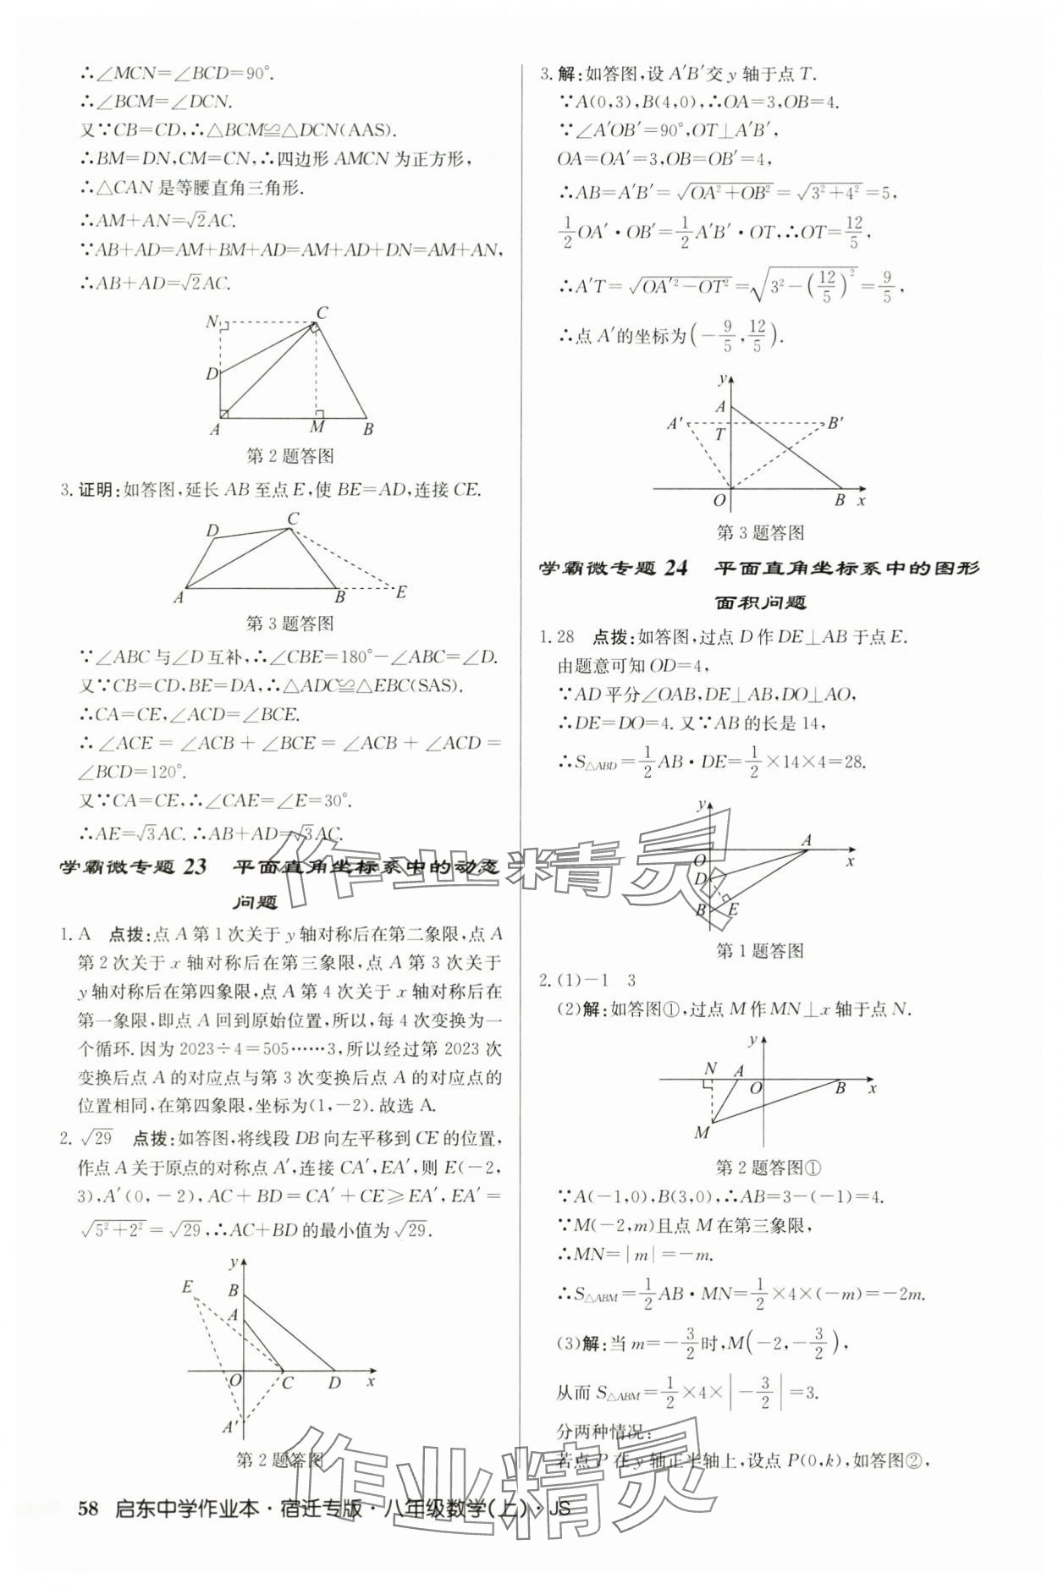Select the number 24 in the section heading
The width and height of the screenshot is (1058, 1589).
(675, 569)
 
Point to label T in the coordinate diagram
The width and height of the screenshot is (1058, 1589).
(720, 435)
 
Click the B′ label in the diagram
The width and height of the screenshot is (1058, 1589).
(835, 422)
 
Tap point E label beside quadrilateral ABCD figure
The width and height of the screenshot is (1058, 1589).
(401, 591)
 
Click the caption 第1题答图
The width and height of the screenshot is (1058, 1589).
(759, 951)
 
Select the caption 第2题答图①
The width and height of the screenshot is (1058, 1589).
(769, 1168)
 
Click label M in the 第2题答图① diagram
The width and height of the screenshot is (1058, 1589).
(702, 1132)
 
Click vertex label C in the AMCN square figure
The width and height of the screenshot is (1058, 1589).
(322, 313)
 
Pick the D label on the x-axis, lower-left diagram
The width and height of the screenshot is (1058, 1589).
(334, 1383)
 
